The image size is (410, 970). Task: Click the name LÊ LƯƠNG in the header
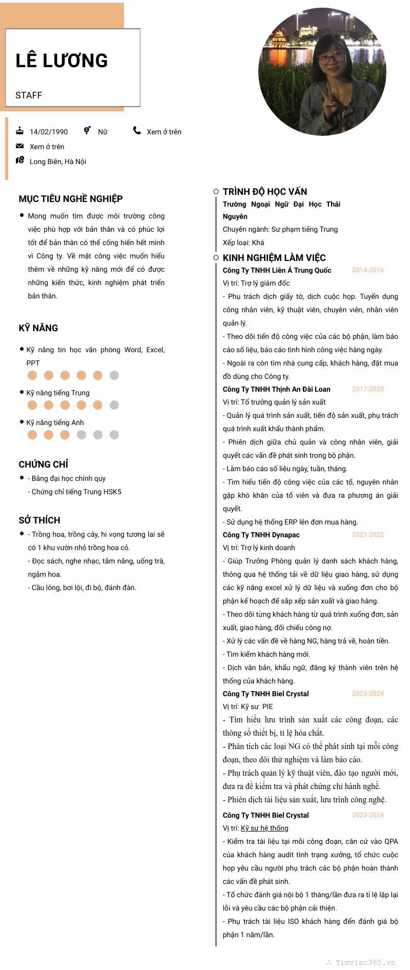click(61, 60)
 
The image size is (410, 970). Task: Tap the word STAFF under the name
click(29, 95)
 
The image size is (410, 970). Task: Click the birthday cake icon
click(20, 131)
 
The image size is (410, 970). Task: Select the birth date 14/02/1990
click(49, 132)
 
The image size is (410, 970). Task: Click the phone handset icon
click(137, 131)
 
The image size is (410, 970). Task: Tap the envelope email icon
click(20, 146)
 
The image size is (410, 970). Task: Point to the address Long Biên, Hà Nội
click(58, 161)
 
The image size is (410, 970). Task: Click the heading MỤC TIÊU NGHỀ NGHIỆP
click(71, 199)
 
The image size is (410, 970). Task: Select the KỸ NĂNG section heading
click(38, 328)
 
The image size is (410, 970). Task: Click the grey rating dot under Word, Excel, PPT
click(114, 375)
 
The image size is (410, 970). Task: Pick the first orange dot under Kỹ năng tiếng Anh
click(32, 435)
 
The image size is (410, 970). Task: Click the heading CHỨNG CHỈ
click(44, 464)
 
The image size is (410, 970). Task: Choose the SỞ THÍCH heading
click(39, 520)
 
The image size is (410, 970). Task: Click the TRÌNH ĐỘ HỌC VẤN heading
click(265, 192)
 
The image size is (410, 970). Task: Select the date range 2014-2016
click(368, 270)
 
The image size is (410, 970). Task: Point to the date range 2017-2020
click(368, 389)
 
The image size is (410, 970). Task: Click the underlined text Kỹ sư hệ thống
click(264, 828)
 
